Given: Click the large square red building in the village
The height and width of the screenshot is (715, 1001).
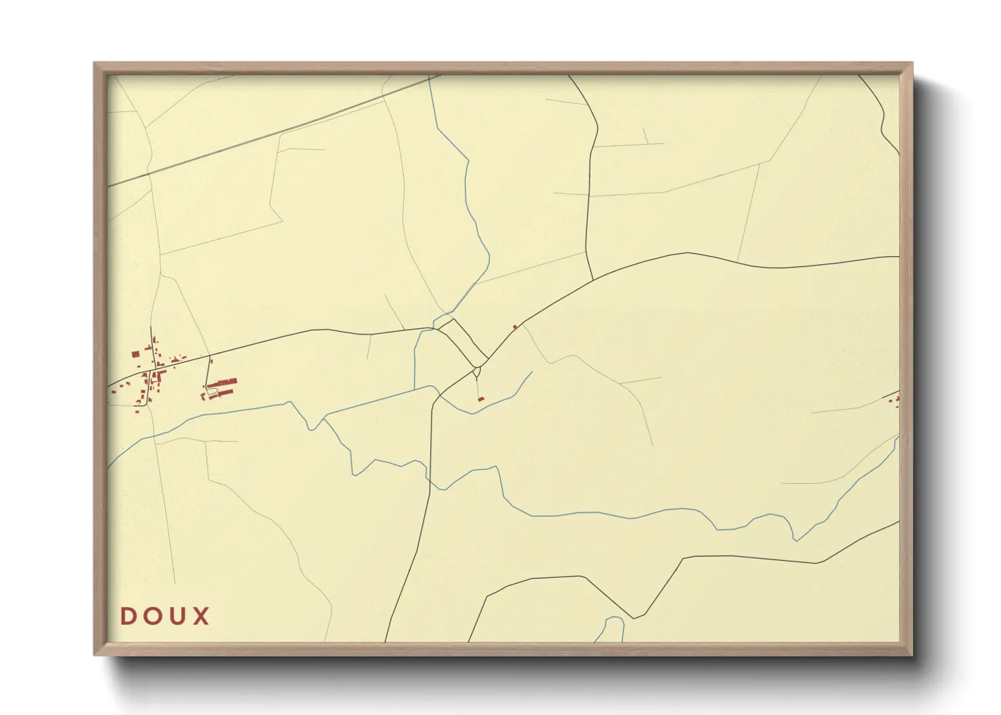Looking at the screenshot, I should tap(135, 354).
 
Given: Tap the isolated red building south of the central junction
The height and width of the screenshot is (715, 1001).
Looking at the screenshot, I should tap(481, 399).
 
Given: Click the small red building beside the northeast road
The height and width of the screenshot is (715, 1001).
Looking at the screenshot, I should tap(515, 327).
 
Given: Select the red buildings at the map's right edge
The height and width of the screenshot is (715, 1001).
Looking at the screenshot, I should tap(895, 401).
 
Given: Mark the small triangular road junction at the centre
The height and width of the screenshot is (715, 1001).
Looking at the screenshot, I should tap(478, 370).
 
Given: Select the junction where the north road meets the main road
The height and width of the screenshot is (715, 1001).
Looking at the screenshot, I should tap(593, 278).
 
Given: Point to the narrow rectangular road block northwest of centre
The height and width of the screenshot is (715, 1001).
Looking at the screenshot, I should tap(463, 341).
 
